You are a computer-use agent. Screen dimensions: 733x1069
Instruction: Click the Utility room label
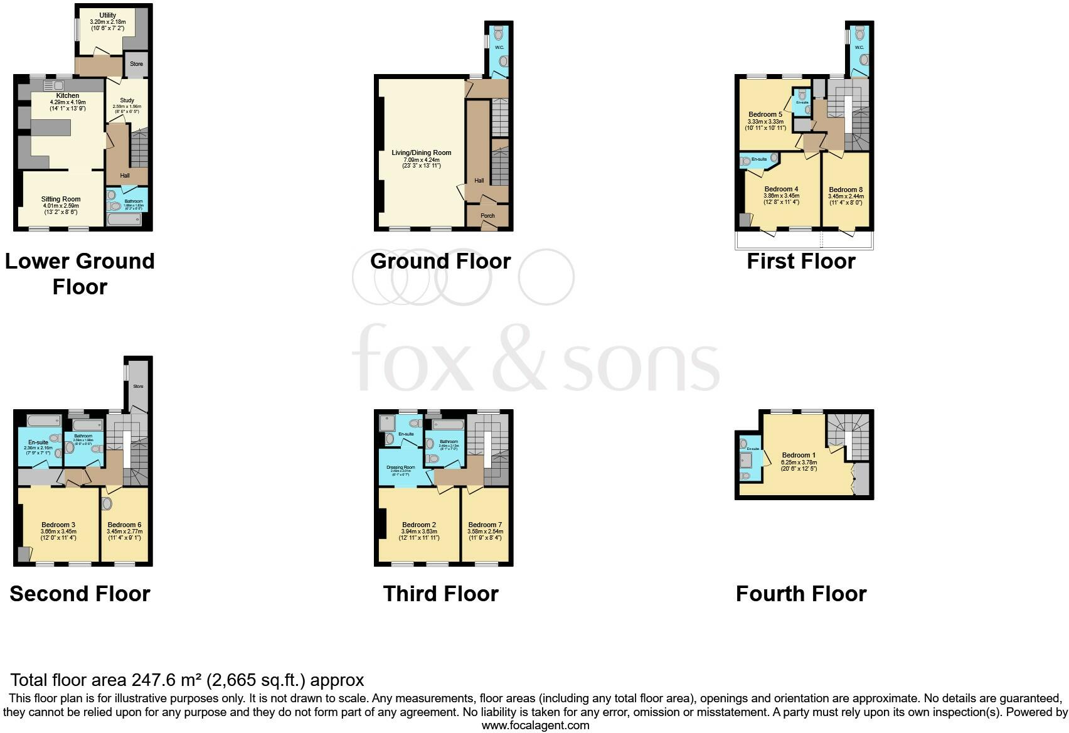pyautogui.click(x=107, y=15)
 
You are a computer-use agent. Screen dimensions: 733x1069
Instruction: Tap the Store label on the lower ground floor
pyautogui.click(x=136, y=64)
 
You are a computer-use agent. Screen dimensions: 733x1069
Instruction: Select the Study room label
pyautogui.click(x=127, y=100)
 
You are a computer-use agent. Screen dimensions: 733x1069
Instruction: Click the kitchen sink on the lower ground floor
pyautogui.click(x=54, y=85)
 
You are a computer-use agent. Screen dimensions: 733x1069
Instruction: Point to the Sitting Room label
pyautogui.click(x=61, y=200)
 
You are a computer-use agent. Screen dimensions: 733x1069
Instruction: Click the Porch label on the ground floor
pyautogui.click(x=487, y=216)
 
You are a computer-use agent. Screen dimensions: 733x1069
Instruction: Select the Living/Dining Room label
pyautogui.click(x=421, y=153)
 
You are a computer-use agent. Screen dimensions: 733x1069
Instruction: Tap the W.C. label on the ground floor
pyautogui.click(x=499, y=47)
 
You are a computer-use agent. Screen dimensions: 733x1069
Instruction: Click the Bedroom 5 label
pyautogui.click(x=765, y=115)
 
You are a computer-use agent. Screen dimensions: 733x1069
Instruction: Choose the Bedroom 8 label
pyautogui.click(x=845, y=190)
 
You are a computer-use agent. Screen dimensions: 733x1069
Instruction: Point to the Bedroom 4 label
pyautogui.click(x=781, y=190)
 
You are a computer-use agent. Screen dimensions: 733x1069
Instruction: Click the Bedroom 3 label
pyautogui.click(x=58, y=525)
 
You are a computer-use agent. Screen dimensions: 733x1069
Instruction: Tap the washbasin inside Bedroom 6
pyautogui.click(x=107, y=503)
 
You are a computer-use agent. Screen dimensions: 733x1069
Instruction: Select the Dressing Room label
pyautogui.click(x=400, y=468)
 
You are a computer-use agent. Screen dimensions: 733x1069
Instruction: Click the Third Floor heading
pyautogui.click(x=440, y=594)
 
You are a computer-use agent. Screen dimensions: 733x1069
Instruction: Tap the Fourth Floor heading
pyautogui.click(x=800, y=594)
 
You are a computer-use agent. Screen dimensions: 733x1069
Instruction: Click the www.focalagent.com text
pyautogui.click(x=535, y=725)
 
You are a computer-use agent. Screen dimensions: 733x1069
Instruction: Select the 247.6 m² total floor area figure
pyautogui.click(x=166, y=680)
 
